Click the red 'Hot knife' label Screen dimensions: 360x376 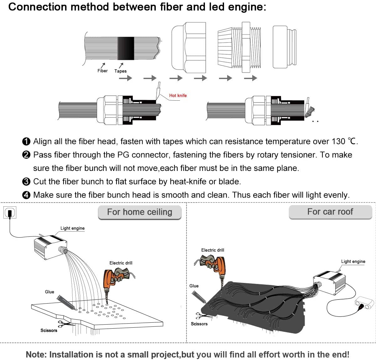tap(178, 95)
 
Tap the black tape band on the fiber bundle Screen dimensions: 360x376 tap(126, 48)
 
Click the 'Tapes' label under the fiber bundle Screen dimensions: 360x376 tap(120, 71)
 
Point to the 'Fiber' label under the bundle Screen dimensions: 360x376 tap(102, 71)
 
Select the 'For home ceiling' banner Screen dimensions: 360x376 tap(139, 212)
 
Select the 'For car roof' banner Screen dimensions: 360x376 tap(330, 212)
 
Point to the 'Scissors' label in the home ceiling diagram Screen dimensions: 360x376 tap(49, 331)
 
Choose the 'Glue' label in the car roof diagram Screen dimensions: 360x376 tap(194, 286)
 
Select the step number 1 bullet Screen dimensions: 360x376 tap(27, 142)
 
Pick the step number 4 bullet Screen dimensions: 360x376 tap(27, 195)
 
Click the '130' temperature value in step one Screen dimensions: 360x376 tap(338, 141)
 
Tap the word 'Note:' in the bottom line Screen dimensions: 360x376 tap(36, 354)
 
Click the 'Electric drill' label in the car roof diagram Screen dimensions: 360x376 tap(213, 250)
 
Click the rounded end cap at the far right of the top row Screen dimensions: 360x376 tap(284, 47)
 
